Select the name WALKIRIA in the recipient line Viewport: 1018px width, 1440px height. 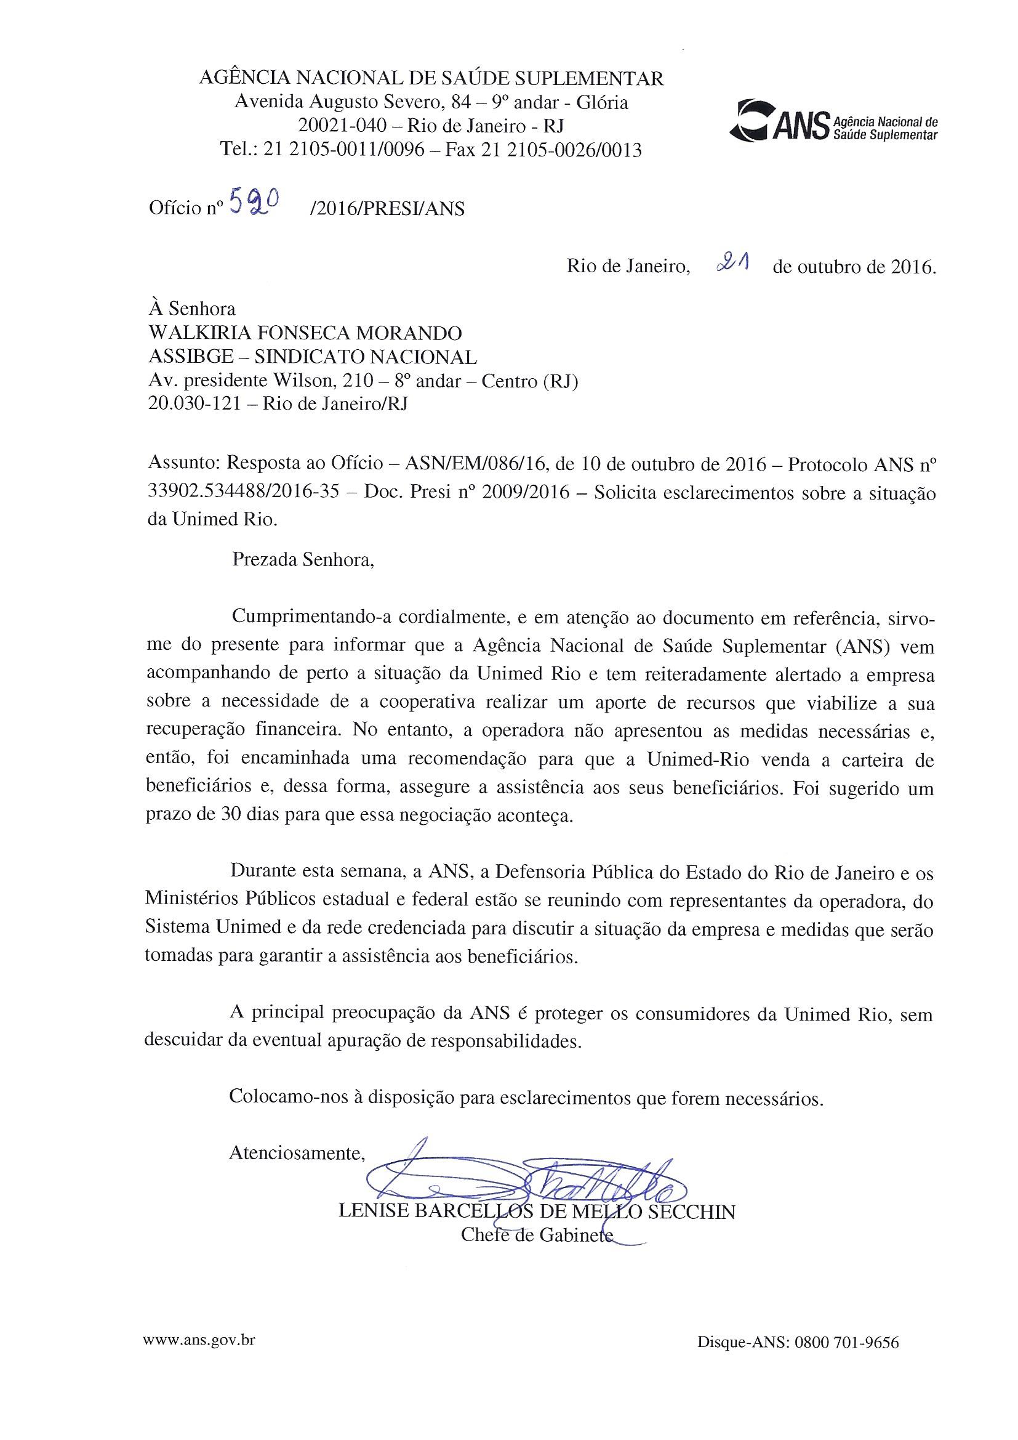click(193, 333)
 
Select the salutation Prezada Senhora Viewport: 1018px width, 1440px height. click(303, 559)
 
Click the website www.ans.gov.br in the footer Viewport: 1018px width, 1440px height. click(199, 1340)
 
